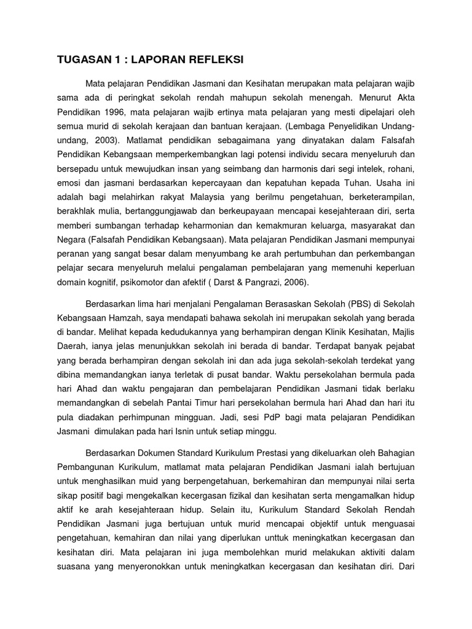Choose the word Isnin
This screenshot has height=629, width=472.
tap(197, 432)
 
